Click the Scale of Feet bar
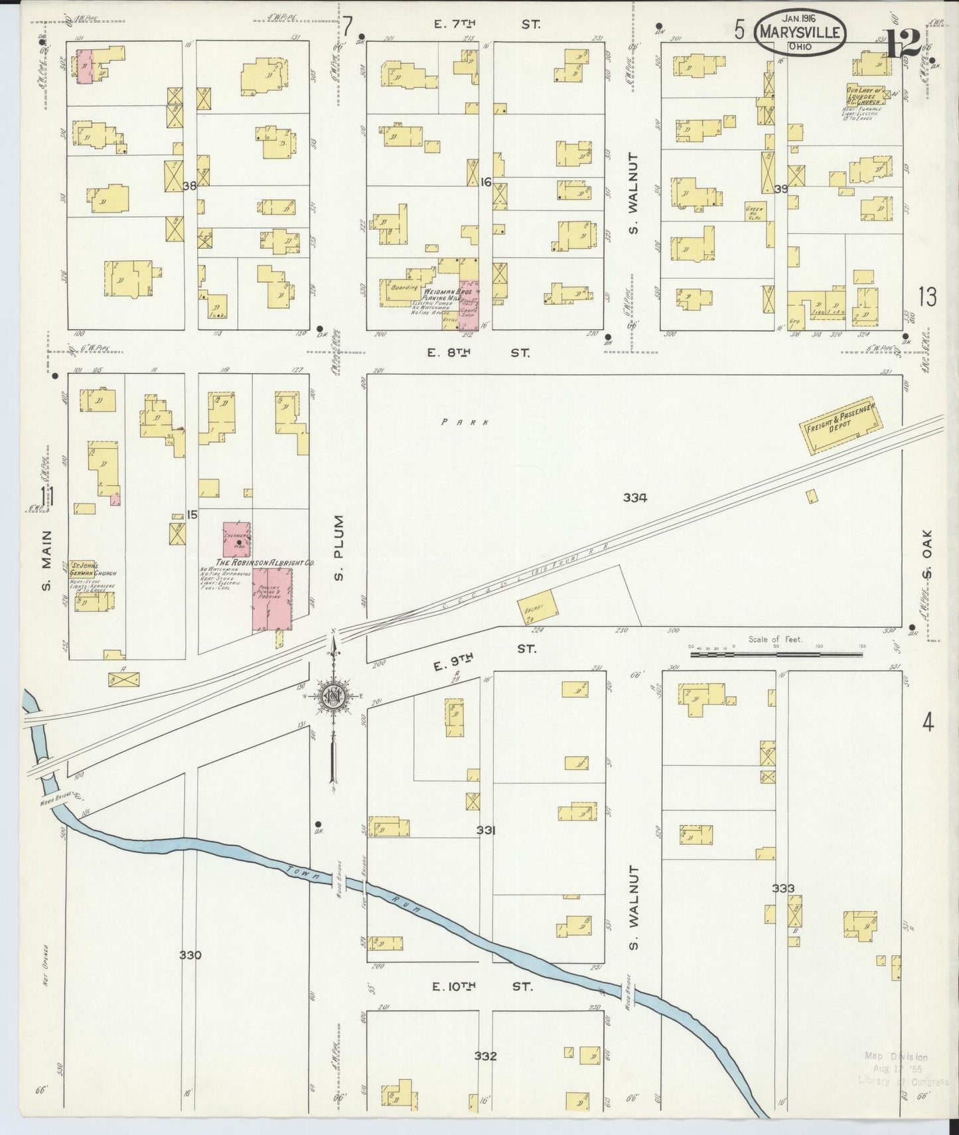776,654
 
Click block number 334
634,497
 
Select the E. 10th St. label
481,987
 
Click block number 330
190,955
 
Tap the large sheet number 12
905,44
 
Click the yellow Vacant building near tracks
538,605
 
